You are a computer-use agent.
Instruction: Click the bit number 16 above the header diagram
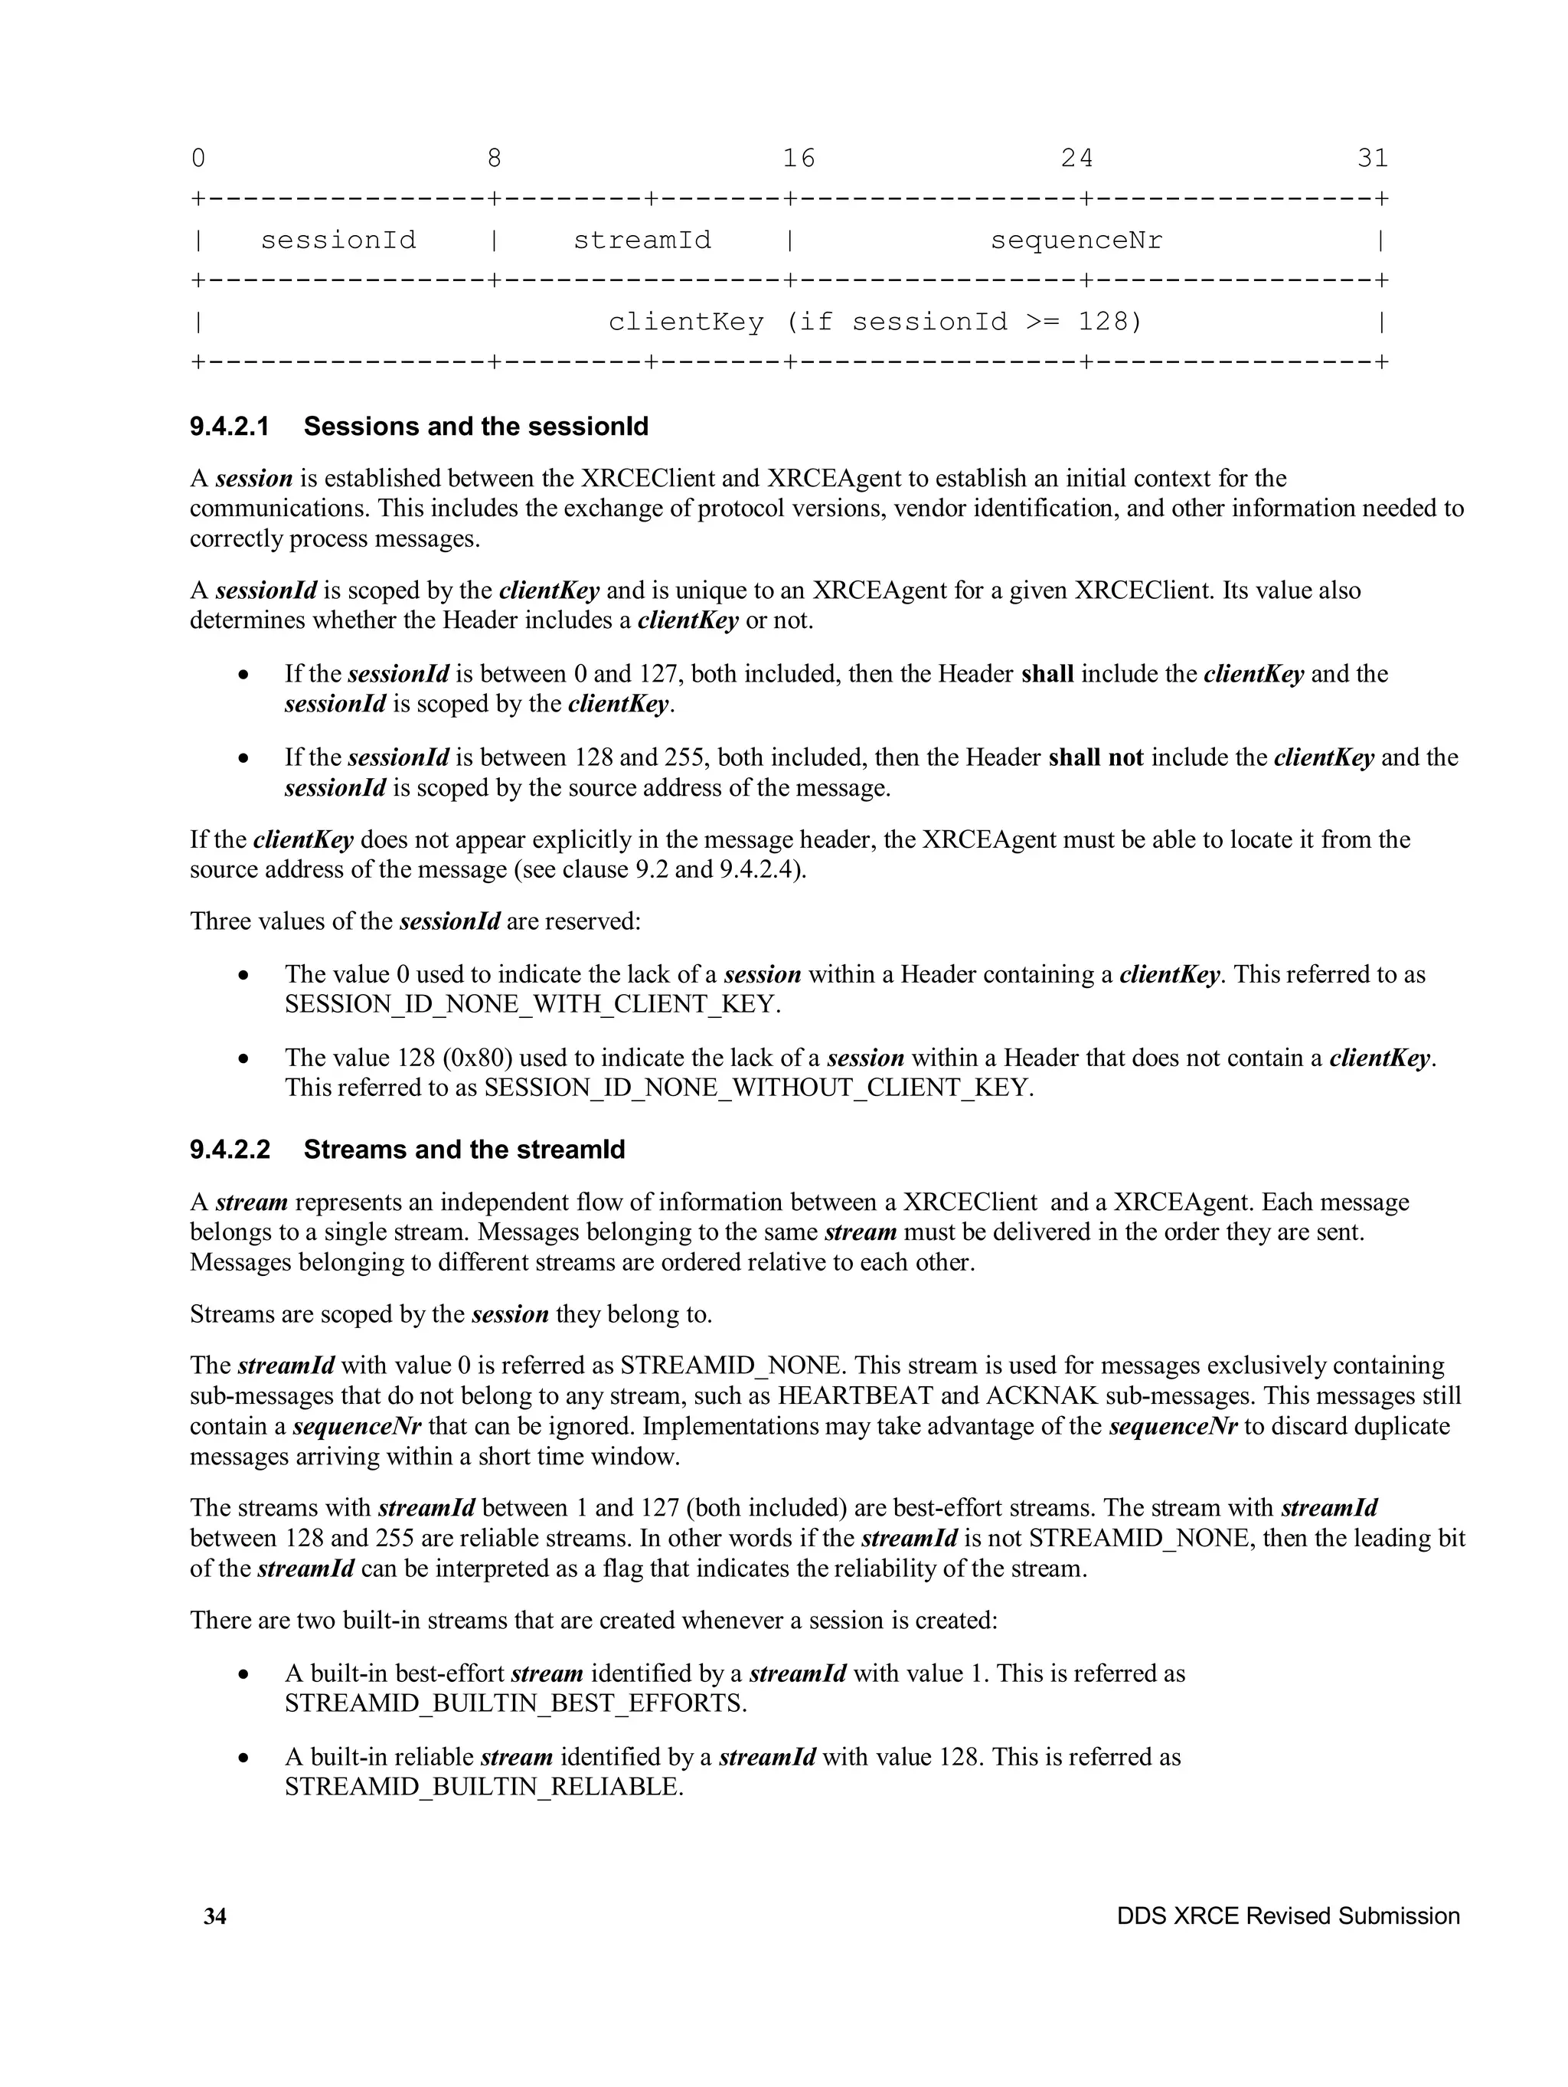click(798, 158)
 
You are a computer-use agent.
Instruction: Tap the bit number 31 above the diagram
click(1372, 158)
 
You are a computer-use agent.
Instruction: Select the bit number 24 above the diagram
click(1076, 158)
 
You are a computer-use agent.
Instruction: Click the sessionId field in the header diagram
click(338, 240)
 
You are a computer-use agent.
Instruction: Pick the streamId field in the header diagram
click(642, 240)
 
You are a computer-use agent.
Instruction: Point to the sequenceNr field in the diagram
click(1076, 240)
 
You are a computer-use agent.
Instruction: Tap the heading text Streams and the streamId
click(464, 1149)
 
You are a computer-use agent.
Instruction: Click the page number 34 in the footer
click(215, 1915)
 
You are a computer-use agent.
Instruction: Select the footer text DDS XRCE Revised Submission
click(1288, 1915)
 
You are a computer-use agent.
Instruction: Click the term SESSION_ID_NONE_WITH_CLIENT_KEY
click(532, 1004)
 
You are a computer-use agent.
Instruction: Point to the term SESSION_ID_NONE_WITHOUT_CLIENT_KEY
click(759, 1087)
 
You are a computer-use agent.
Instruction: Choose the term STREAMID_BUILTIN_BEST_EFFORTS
click(515, 1703)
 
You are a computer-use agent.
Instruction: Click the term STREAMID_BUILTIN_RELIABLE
click(483, 1786)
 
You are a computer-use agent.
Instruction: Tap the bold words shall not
click(1096, 757)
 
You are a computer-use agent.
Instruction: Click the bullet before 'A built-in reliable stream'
click(244, 1758)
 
